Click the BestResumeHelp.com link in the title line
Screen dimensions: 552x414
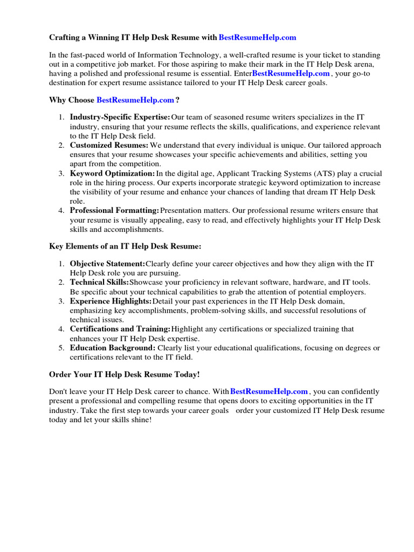pos(258,38)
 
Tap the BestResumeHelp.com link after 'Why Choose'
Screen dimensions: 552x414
pos(135,100)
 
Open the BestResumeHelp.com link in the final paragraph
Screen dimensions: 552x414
pos(269,391)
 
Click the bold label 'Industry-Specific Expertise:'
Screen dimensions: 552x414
pos(120,117)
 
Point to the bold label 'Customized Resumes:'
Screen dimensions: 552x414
pos(109,145)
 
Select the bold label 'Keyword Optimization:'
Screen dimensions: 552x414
pos(112,174)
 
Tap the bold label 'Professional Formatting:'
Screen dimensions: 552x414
pos(114,210)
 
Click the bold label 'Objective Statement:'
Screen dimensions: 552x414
pos(107,264)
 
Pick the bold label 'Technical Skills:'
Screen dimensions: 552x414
pos(99,282)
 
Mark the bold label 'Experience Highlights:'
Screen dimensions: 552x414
pos(111,301)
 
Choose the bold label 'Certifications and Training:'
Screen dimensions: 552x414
pos(120,329)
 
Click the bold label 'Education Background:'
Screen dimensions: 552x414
pos(112,348)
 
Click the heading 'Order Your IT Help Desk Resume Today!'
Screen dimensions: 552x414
pos(124,374)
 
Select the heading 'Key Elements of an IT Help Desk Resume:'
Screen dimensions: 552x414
pos(125,246)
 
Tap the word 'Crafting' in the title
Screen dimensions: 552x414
pos(65,38)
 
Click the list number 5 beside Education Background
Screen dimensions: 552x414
pos(61,348)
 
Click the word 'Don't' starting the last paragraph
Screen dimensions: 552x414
pos(59,391)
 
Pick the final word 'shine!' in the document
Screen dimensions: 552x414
pos(141,419)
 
